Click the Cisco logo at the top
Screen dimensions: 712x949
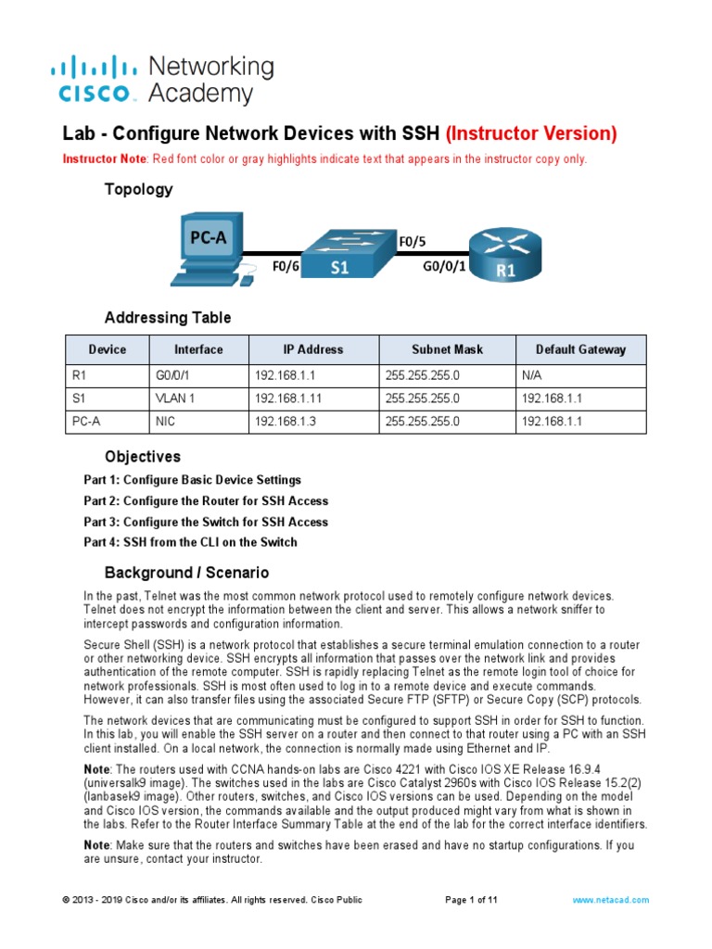pos(93,79)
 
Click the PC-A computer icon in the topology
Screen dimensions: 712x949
pos(208,245)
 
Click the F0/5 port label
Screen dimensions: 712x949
pos(412,242)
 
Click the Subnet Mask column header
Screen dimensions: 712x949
pos(447,349)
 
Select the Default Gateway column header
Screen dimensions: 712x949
pos(580,349)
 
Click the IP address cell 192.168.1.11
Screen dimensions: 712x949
pos(286,399)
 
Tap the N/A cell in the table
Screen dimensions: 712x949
pos(533,375)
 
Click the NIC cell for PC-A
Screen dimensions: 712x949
pos(164,422)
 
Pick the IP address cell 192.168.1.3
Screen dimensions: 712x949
pos(284,422)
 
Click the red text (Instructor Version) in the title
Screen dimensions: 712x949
pos(531,133)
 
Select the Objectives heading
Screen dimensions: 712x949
pos(143,457)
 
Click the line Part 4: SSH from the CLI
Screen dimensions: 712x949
pos(191,542)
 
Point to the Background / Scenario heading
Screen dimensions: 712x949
pos(186,573)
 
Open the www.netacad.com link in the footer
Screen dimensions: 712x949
pos(611,900)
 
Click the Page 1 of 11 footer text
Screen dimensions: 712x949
pos(472,900)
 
